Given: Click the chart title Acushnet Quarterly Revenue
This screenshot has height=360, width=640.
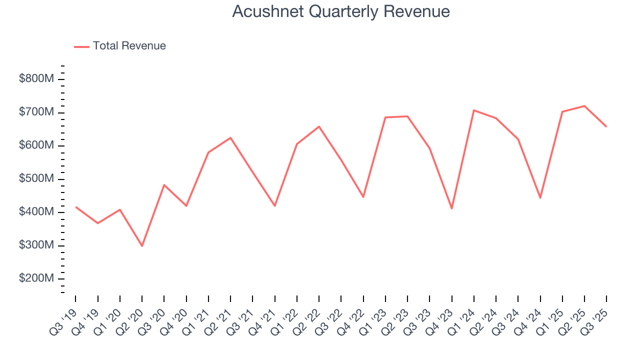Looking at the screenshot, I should (x=341, y=11).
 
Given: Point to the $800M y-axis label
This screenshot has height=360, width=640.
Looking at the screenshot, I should (x=36, y=79).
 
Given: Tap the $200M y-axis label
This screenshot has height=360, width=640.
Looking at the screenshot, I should (x=36, y=278).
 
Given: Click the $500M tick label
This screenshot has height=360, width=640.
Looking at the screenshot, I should (x=36, y=179).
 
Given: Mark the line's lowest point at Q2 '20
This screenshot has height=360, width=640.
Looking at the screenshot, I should (x=142, y=246).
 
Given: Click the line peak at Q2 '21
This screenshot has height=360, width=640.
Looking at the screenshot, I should (x=230, y=137).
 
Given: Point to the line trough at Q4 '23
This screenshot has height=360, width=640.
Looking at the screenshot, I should (x=452, y=208).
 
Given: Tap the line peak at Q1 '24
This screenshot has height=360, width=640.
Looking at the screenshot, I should (x=474, y=110).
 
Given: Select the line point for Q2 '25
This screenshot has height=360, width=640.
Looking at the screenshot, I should (x=584, y=106).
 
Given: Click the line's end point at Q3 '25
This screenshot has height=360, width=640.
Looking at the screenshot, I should (x=606, y=126).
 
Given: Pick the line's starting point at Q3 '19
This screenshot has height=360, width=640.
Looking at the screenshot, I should (x=75, y=206).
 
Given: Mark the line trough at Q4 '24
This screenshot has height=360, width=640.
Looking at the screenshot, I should (x=540, y=198).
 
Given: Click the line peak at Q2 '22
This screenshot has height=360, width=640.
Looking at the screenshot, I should (x=319, y=126).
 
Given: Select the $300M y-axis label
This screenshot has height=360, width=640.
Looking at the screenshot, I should (x=36, y=245).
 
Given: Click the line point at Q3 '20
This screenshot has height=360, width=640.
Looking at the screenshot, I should (x=164, y=185).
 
